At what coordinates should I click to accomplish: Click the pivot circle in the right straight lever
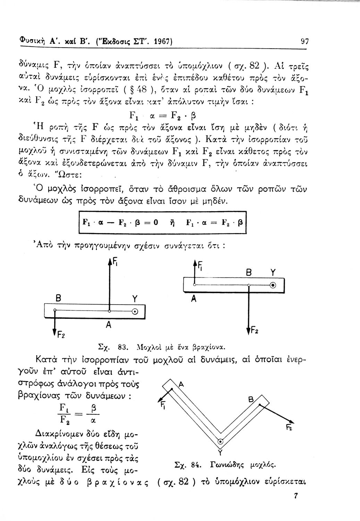(273, 285)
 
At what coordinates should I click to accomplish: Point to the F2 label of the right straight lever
(254, 330)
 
